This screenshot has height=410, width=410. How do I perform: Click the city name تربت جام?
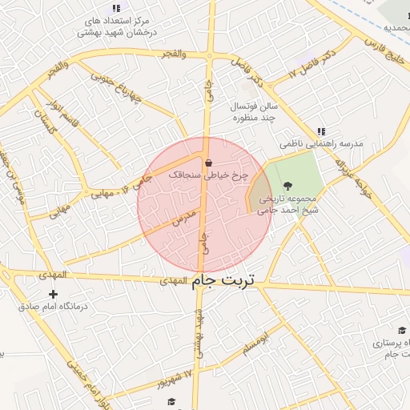[x=224, y=281]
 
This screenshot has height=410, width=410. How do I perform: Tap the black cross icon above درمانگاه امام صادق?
[x=54, y=294]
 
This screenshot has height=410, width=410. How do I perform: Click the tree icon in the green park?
[x=288, y=186]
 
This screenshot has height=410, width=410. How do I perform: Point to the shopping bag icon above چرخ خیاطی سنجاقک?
[x=208, y=162]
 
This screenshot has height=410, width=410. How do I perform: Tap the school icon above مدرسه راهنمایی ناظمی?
[x=321, y=131]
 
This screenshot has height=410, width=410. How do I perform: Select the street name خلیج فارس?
[x=385, y=46]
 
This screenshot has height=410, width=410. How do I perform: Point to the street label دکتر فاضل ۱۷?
[x=306, y=64]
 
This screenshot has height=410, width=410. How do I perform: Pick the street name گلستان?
[x=42, y=123]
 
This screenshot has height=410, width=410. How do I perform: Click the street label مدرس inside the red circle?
[x=186, y=216]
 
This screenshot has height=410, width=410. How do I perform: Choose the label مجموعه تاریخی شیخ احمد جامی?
[x=294, y=205]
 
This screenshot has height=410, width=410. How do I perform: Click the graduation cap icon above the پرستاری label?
[x=401, y=330]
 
